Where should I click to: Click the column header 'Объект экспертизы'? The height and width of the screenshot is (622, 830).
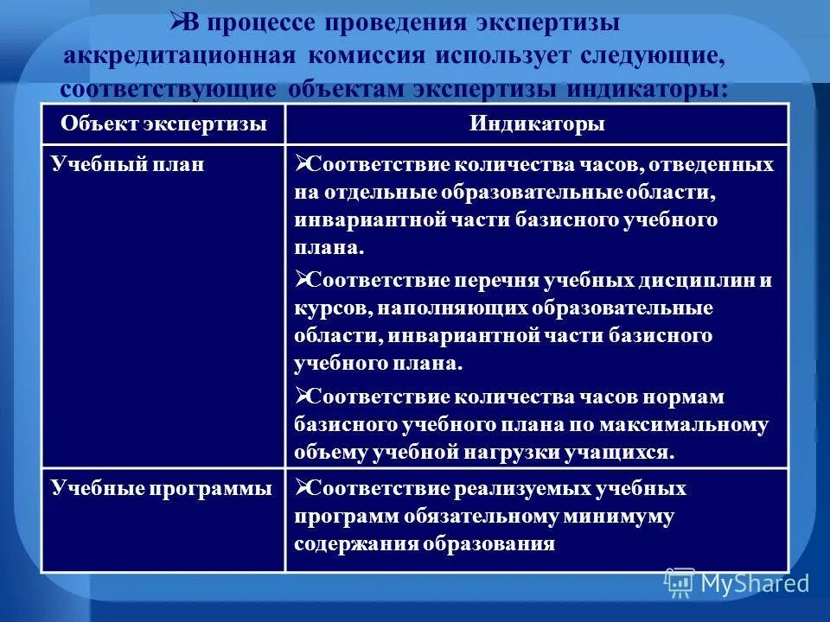click(x=163, y=124)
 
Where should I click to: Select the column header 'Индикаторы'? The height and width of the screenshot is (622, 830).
click(x=537, y=124)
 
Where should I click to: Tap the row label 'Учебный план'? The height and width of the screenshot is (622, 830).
click(x=127, y=164)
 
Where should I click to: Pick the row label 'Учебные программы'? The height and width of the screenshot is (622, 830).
click(x=161, y=489)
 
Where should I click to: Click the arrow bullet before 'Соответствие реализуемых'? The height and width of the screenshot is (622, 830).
click(x=302, y=488)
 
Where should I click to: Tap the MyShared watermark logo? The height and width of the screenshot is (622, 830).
click(x=737, y=582)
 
